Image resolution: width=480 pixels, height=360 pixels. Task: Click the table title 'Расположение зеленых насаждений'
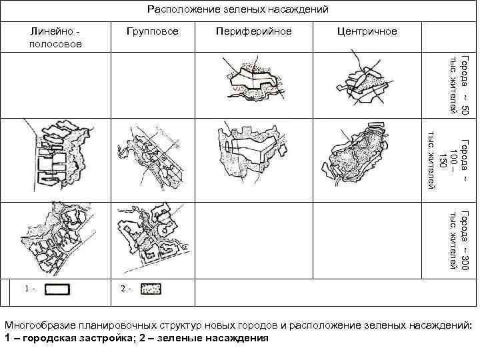click(238, 9)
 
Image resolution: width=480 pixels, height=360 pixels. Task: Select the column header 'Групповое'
click(153, 31)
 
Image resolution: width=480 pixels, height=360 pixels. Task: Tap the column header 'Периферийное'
click(254, 31)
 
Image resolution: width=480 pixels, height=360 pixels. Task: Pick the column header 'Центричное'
click(367, 31)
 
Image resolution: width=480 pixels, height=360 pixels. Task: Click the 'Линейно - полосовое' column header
click(56, 37)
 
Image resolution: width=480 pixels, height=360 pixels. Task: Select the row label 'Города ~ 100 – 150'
click(447, 161)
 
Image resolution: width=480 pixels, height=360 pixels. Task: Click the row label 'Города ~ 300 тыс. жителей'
click(460, 239)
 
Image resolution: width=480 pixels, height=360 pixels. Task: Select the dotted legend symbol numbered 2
click(151, 289)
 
